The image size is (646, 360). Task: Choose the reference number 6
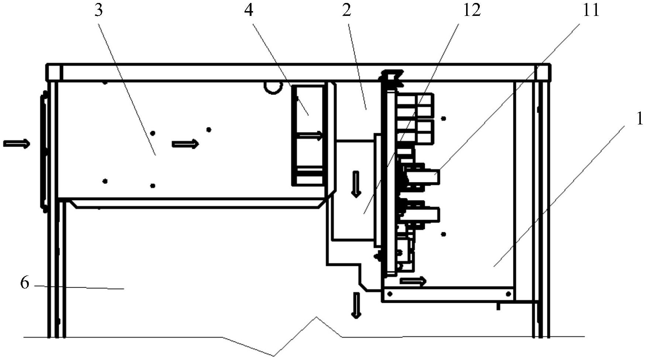[x=25, y=283]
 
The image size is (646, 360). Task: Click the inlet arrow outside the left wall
[x=17, y=144]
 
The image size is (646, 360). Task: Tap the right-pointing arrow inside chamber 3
[x=185, y=144]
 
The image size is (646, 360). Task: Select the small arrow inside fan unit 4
[x=310, y=136]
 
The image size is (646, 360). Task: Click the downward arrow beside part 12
[x=356, y=184]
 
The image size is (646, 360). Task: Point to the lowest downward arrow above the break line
[x=356, y=305]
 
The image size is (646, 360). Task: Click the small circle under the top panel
[x=273, y=87]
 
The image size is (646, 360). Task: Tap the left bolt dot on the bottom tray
[x=389, y=294]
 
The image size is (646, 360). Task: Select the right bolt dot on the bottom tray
[x=508, y=294]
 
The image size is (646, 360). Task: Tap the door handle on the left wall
[x=44, y=151]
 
